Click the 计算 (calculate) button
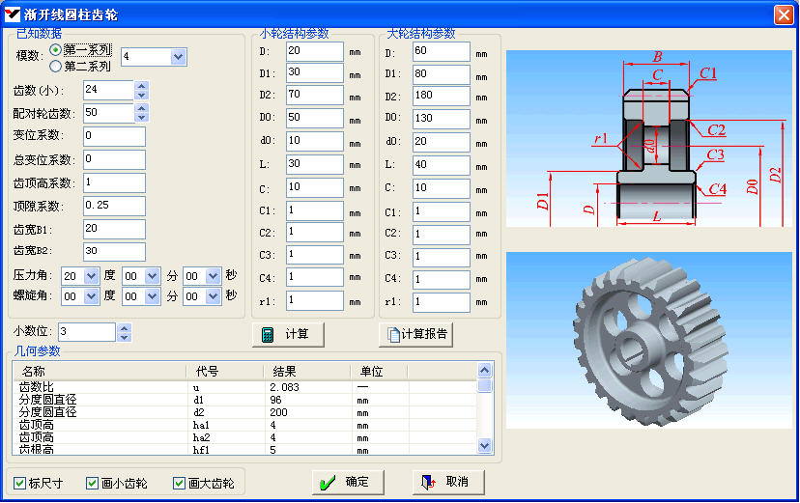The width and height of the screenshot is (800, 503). click(x=288, y=334)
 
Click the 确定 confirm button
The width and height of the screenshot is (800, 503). click(x=348, y=482)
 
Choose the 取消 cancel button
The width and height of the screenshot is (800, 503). click(x=448, y=482)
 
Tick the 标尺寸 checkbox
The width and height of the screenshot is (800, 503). click(x=20, y=483)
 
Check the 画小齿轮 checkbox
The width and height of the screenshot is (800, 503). click(x=93, y=483)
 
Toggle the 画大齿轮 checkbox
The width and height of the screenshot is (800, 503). click(x=179, y=483)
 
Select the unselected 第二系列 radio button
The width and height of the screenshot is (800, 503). click(x=56, y=67)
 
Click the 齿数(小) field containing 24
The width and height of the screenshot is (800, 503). click(x=108, y=90)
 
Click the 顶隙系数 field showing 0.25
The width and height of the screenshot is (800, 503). click(x=114, y=206)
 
